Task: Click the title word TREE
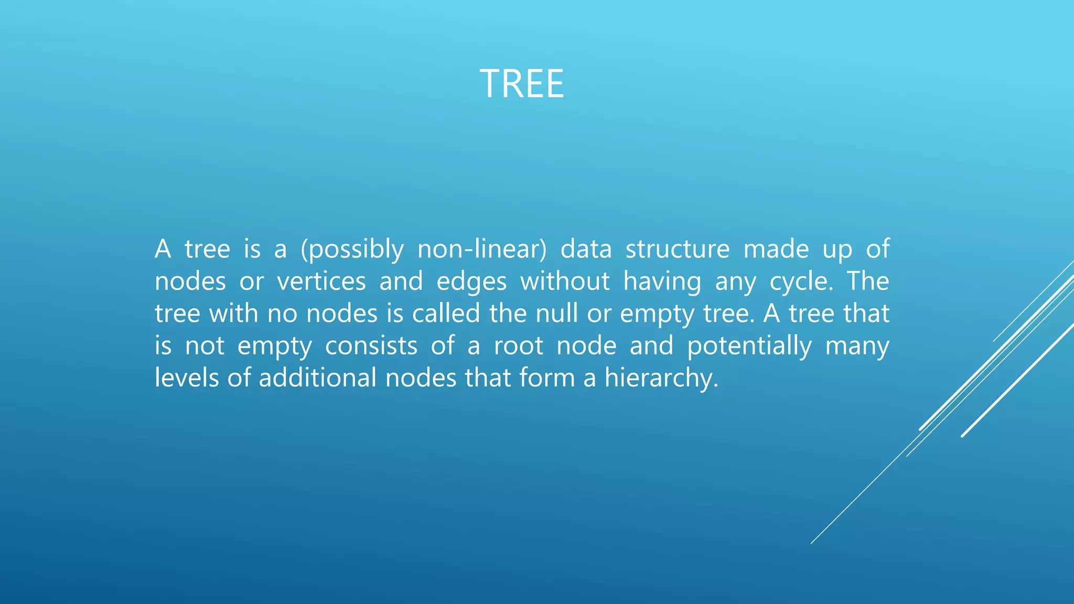[x=522, y=84]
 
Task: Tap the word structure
[x=677, y=249]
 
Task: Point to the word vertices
[x=321, y=281]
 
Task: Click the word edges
[x=471, y=282]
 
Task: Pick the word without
[x=564, y=281]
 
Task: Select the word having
[x=662, y=282]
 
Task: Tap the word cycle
[x=800, y=282]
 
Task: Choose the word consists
[x=371, y=346]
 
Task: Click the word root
[x=518, y=346]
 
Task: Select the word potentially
[x=749, y=346]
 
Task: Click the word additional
[x=317, y=378]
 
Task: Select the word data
[x=586, y=249]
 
